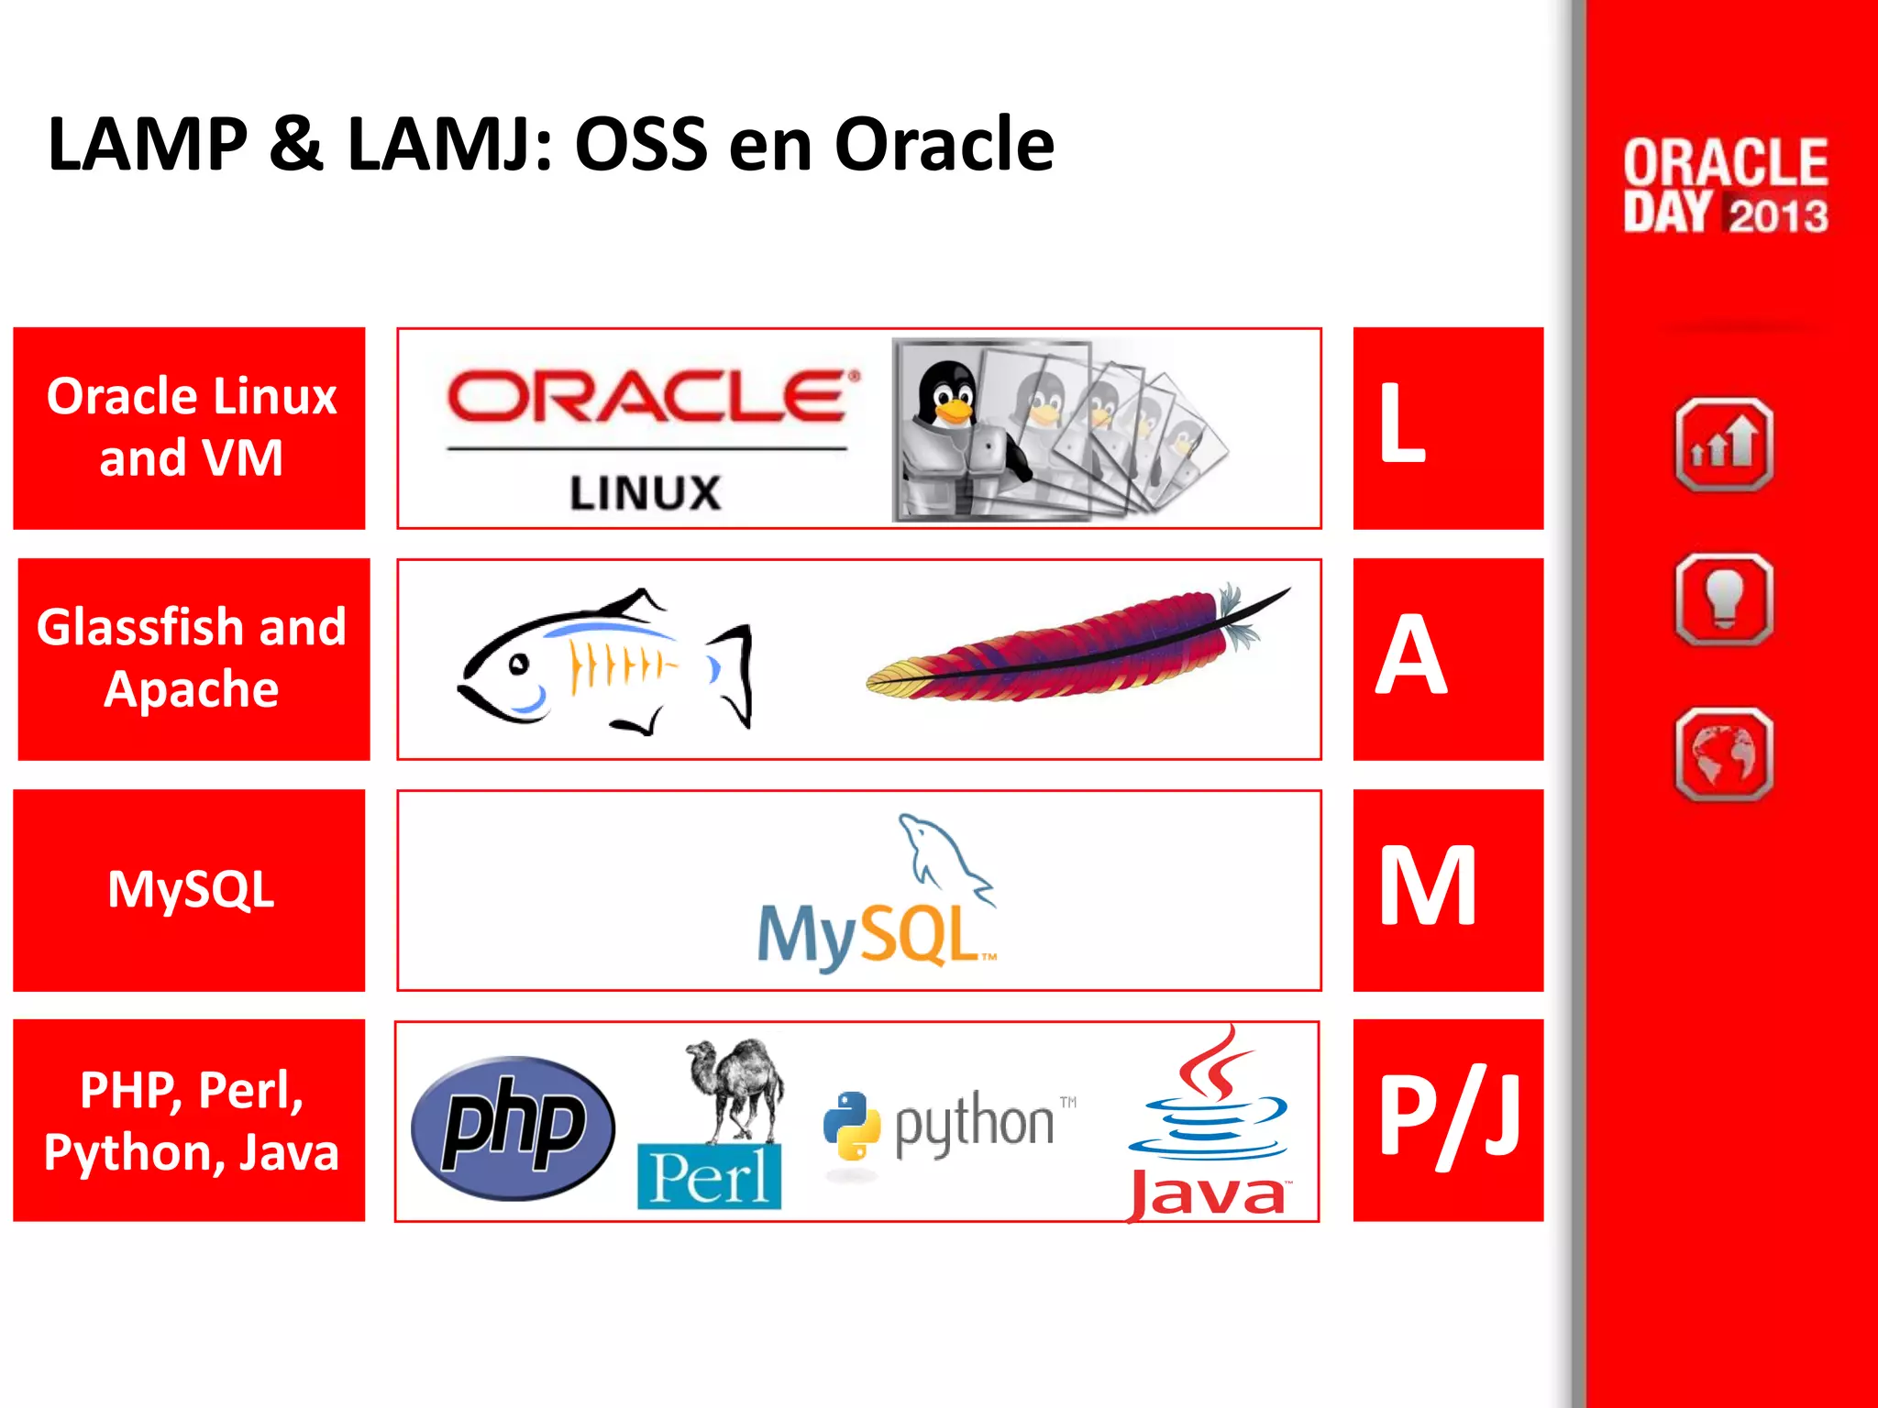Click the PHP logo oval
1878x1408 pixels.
coord(513,1127)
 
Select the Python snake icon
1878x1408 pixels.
coord(851,1126)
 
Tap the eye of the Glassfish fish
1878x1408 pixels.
coord(519,664)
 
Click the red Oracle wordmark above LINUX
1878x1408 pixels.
coord(647,396)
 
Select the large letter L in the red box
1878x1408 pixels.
coord(1402,423)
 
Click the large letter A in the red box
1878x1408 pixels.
coord(1411,655)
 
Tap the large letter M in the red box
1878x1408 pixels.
coord(1428,886)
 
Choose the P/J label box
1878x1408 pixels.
coord(1448,1119)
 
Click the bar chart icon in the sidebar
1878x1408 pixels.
coord(1724,445)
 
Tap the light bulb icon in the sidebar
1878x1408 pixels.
coord(1724,599)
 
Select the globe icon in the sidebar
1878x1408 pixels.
coord(1724,753)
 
